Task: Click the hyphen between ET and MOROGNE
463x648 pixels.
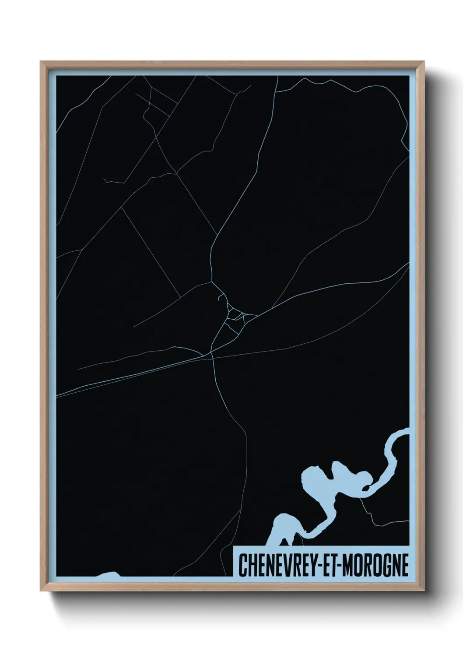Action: tap(339, 565)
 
